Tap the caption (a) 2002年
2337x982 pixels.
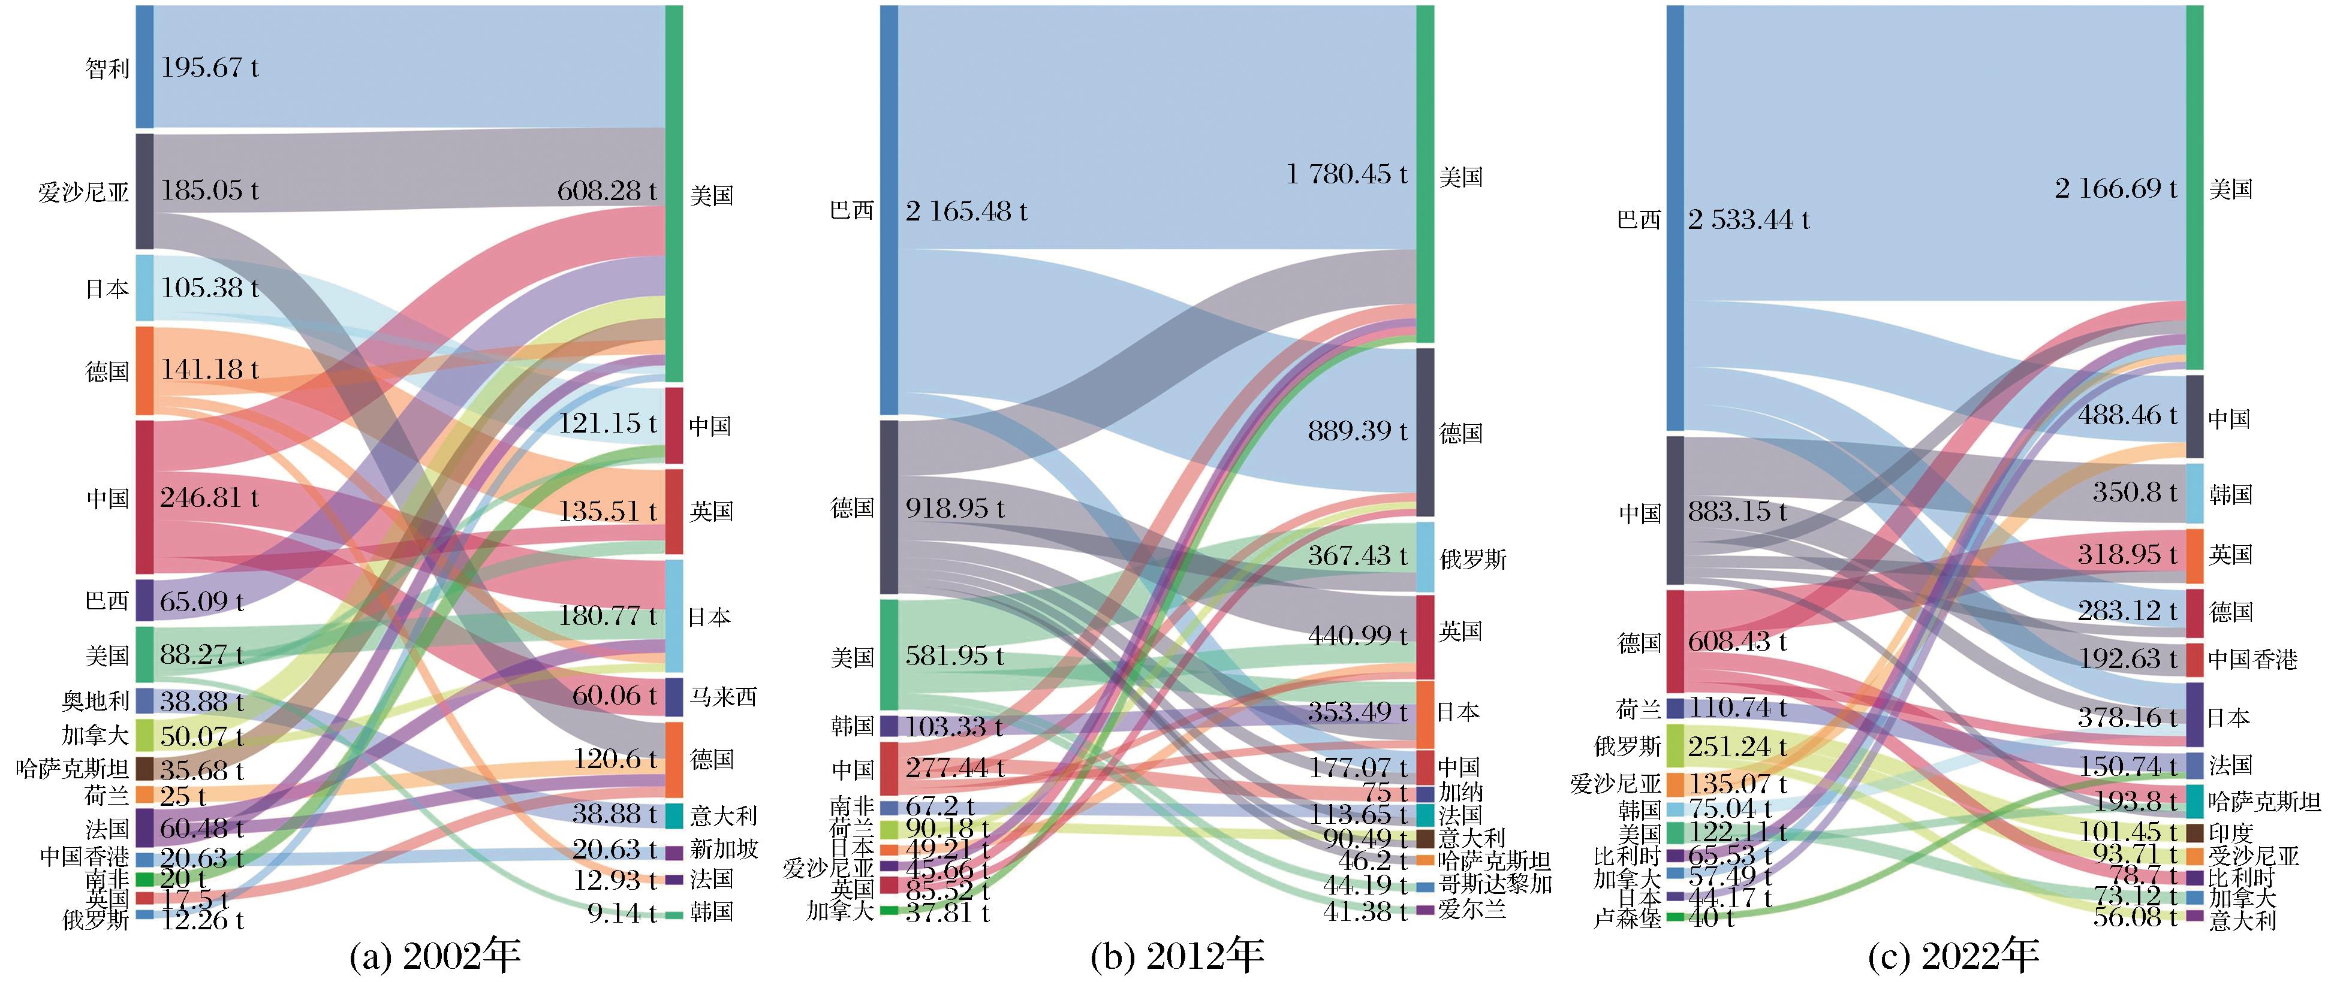tap(435, 956)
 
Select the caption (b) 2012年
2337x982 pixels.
tap(1177, 956)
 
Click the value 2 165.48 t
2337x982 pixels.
tap(966, 211)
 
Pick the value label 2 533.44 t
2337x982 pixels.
tap(1748, 219)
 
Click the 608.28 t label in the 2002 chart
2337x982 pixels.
tap(607, 191)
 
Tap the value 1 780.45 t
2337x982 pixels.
tap(1347, 174)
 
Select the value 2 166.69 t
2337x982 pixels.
tap(2116, 189)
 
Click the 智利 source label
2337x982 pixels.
tap(107, 68)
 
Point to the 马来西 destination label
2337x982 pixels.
tap(722, 696)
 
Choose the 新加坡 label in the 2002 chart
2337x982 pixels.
tap(723, 850)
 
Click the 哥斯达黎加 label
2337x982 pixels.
tap(1495, 884)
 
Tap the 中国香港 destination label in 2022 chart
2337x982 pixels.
tap(2252, 659)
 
